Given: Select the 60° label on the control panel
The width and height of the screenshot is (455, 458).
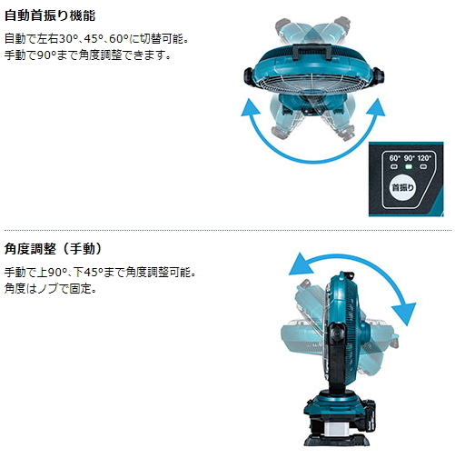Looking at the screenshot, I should (x=393, y=157).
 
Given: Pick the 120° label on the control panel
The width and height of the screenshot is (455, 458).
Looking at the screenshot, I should (x=426, y=157).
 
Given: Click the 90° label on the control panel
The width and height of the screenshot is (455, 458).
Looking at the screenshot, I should (x=410, y=157).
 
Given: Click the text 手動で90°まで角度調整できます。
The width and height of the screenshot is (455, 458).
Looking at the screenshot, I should (x=87, y=55).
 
